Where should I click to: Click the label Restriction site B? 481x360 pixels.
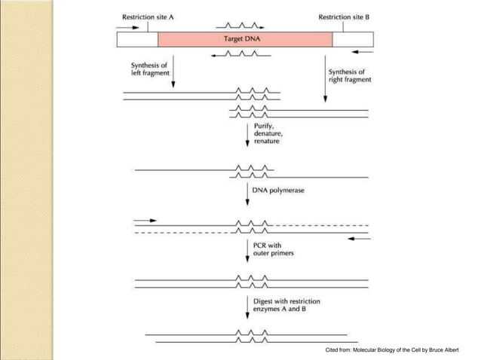[345, 17]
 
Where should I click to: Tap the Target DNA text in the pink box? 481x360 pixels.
[244, 39]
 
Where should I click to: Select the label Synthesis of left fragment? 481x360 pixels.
[150, 69]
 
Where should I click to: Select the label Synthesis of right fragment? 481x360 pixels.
[349, 76]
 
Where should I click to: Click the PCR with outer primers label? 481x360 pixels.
[273, 249]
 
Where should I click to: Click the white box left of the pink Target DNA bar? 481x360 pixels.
[137, 39]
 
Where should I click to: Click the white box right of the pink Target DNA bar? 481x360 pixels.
[352, 39]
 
